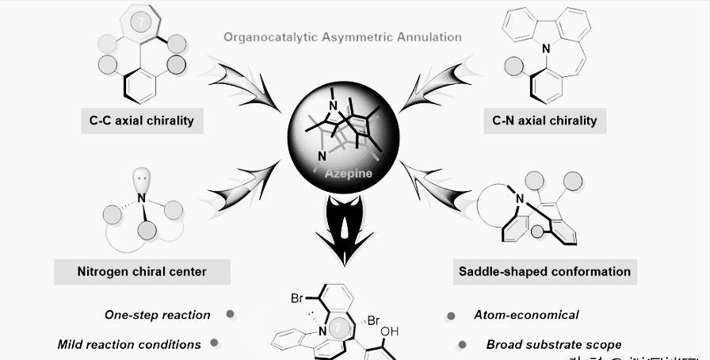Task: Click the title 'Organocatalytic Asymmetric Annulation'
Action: [342, 36]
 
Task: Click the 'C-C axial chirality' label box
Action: [141, 121]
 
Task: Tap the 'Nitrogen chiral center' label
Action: [143, 271]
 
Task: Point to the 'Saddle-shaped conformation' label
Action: [544, 271]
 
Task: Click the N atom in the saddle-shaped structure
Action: [520, 198]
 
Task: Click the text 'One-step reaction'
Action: [158, 315]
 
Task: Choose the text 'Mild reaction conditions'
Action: [129, 344]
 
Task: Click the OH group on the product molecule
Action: [390, 332]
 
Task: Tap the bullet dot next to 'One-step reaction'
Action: [231, 314]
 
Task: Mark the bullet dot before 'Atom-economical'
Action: [451, 315]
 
